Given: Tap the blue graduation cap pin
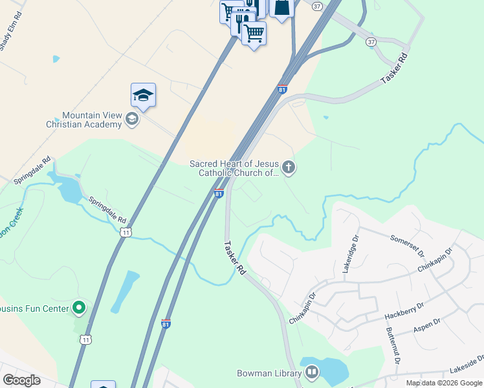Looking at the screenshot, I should coord(143,96).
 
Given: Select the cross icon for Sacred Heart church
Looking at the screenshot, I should coord(289,168).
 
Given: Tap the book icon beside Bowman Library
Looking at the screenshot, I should coord(312,372).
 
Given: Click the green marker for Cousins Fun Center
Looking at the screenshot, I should coord(79,308).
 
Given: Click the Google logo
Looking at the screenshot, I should coord(22,380).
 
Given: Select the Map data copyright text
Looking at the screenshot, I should coord(444,383).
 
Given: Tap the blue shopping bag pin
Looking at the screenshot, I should coord(281,8).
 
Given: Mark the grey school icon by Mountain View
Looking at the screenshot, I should coord(131,118).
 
